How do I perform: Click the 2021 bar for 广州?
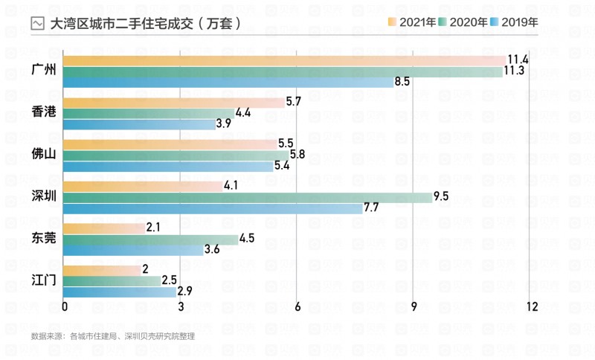284,60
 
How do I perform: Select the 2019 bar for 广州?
228,82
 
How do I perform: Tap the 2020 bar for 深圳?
248,197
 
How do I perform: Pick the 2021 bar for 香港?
174,102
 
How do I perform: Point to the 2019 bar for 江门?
120,292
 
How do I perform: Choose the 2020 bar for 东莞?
151,240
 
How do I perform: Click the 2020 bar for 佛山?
176,155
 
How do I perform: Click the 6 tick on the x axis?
297,306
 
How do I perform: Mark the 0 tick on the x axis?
65,306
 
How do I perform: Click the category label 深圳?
44,197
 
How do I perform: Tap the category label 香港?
44,112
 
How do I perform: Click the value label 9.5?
442,197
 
